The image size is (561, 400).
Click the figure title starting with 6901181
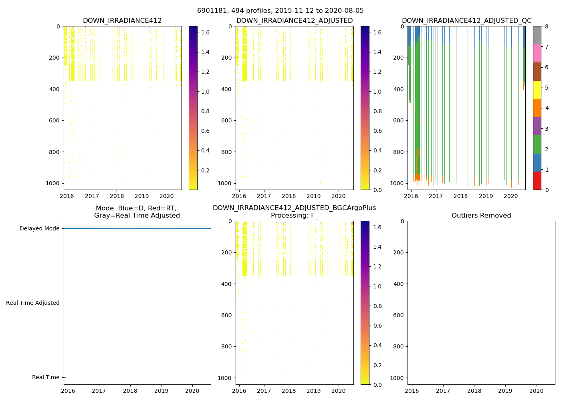tap(280, 11)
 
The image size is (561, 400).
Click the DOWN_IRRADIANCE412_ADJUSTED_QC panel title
tap(466, 21)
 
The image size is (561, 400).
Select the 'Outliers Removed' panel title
tap(481, 216)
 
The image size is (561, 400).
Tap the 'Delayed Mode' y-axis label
tap(39, 229)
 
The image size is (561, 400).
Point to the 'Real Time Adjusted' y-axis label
tap(33, 303)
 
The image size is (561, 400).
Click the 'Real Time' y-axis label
tap(46, 378)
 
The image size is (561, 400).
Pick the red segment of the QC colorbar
tap(537, 181)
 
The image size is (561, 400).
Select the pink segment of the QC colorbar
tap(537, 54)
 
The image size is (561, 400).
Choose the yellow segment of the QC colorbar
tap(537, 90)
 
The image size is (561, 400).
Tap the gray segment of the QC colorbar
tap(537, 35)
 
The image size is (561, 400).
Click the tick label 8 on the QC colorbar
tap(546, 26)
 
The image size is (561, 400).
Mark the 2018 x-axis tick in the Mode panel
tap(130, 391)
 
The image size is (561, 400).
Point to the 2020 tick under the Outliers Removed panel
tap(537, 391)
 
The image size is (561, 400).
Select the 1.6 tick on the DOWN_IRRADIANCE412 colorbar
tap(205, 33)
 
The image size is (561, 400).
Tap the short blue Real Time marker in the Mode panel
tap(65, 377)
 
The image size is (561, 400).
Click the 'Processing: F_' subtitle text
tap(294, 216)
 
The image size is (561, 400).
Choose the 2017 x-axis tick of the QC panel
tap(436, 196)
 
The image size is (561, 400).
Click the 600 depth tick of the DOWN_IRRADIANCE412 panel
tap(55, 120)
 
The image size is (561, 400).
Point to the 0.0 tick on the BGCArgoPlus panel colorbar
tap(377, 385)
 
